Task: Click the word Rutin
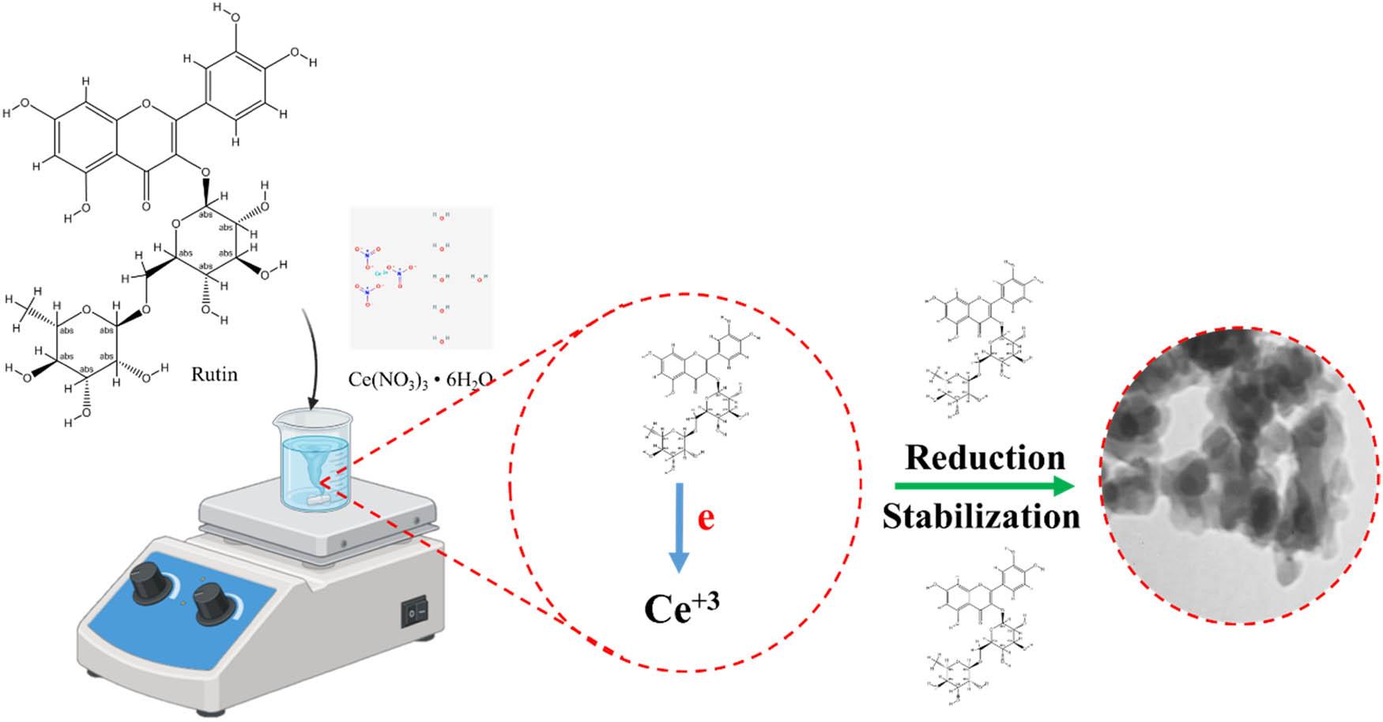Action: click(x=214, y=374)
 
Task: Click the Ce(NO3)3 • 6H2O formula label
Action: click(x=420, y=380)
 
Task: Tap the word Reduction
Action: click(x=985, y=457)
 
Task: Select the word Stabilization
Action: click(x=981, y=517)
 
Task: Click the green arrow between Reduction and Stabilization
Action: click(x=983, y=487)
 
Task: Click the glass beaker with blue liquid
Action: click(x=314, y=458)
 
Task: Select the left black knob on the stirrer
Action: click(x=150, y=585)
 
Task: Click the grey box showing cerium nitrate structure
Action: click(x=421, y=278)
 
